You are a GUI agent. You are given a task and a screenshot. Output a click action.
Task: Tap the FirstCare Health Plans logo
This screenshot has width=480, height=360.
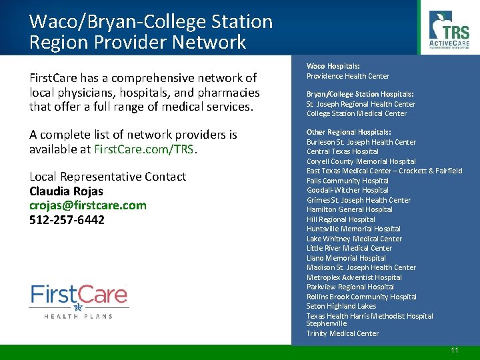pyautogui.click(x=79, y=301)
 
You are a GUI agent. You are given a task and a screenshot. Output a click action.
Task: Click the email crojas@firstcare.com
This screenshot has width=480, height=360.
pyautogui.click(x=88, y=205)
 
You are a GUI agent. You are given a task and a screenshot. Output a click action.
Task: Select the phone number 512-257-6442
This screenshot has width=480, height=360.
pyautogui.click(x=67, y=220)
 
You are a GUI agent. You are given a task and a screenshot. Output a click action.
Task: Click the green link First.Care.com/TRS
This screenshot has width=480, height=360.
pyautogui.click(x=145, y=149)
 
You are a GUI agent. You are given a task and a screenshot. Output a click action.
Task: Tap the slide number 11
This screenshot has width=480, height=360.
pyautogui.click(x=455, y=351)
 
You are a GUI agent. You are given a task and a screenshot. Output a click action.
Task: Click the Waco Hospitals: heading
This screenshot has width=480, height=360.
pyautogui.click(x=333, y=66)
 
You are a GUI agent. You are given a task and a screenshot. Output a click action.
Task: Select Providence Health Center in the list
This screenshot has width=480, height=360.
pyautogui.click(x=348, y=76)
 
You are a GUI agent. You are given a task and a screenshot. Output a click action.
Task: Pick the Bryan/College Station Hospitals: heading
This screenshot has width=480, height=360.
pyautogui.click(x=360, y=94)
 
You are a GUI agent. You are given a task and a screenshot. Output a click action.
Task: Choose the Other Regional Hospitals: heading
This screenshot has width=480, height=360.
pyautogui.click(x=349, y=132)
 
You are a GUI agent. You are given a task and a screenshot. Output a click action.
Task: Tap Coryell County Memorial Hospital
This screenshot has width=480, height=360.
pyautogui.click(x=361, y=161)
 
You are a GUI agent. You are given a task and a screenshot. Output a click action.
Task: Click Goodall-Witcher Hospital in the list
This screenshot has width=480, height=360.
pyautogui.click(x=347, y=190)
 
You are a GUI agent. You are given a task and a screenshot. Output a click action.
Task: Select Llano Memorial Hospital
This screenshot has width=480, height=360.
pyautogui.click(x=346, y=258)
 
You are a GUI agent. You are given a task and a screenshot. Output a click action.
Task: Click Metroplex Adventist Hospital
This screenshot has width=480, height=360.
pyautogui.click(x=354, y=277)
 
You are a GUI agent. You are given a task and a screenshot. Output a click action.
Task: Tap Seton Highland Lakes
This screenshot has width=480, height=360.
pyautogui.click(x=341, y=306)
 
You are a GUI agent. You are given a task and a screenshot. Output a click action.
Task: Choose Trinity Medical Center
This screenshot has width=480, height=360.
pyautogui.click(x=343, y=333)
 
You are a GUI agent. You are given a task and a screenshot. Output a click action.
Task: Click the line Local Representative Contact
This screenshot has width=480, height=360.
pyautogui.click(x=107, y=177)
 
